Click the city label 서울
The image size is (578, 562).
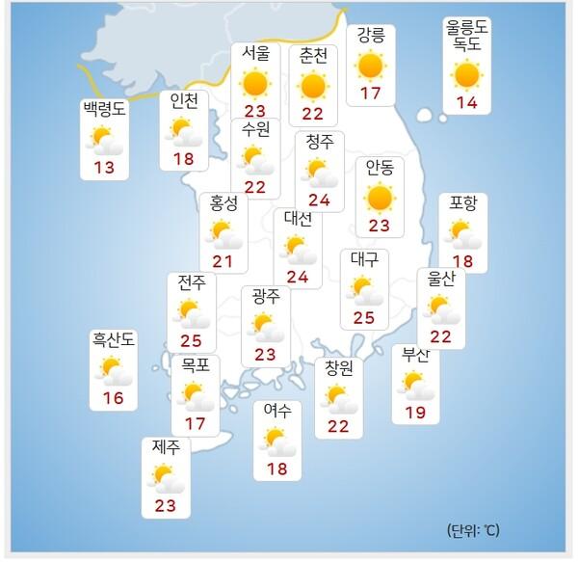pos(255,54)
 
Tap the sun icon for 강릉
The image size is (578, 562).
pos(370,67)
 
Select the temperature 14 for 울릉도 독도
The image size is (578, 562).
pos(466,102)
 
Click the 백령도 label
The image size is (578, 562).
pos(104,110)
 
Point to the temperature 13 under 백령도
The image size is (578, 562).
pos(104,168)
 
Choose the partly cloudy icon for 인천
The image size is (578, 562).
pos(183,131)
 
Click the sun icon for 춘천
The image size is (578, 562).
pos(313,86)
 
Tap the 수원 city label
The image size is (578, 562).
pos(255,128)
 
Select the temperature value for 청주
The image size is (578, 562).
pos(320,201)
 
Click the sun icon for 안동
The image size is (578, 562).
pos(380,198)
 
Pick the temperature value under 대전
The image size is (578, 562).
pos(298,278)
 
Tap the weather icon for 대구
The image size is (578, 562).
pos(364,289)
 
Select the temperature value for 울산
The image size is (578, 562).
pos(441,335)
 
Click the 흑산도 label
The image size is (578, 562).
pos(114,339)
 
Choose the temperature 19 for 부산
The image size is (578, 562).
pos(416,413)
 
